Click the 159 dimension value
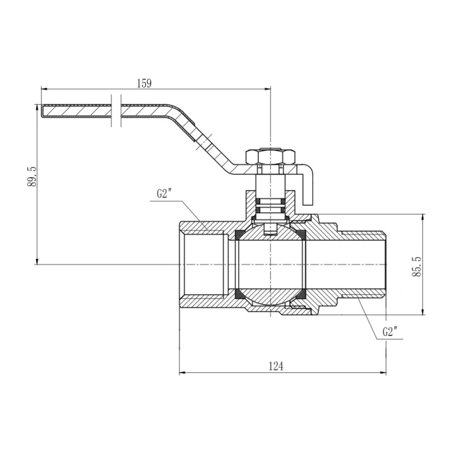pos(145,83)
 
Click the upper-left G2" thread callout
pos(165,194)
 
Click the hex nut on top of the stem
pos(271,155)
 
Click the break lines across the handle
pos(116,110)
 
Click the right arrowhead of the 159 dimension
pos(268,89)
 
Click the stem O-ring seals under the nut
pos(271,205)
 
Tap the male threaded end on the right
pos(369,264)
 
